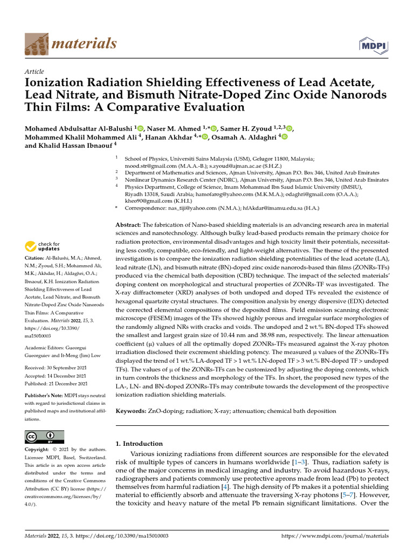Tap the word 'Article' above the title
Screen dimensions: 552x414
point(34,72)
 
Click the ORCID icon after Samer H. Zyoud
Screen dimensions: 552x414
point(289,128)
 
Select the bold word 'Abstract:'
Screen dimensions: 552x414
point(129,224)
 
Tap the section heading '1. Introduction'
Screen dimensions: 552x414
point(139,444)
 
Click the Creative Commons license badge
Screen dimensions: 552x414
point(44,436)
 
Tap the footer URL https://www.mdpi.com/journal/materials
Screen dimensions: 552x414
point(335,536)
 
